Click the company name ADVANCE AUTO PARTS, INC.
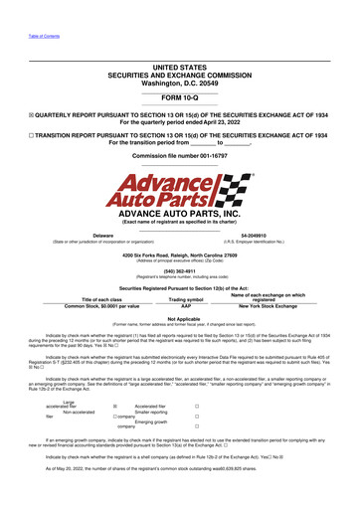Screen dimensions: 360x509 (x=179, y=213)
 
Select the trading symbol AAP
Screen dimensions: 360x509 (x=180, y=306)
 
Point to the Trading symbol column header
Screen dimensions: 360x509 (x=180, y=299)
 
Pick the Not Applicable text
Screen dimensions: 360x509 (x=179, y=318)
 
